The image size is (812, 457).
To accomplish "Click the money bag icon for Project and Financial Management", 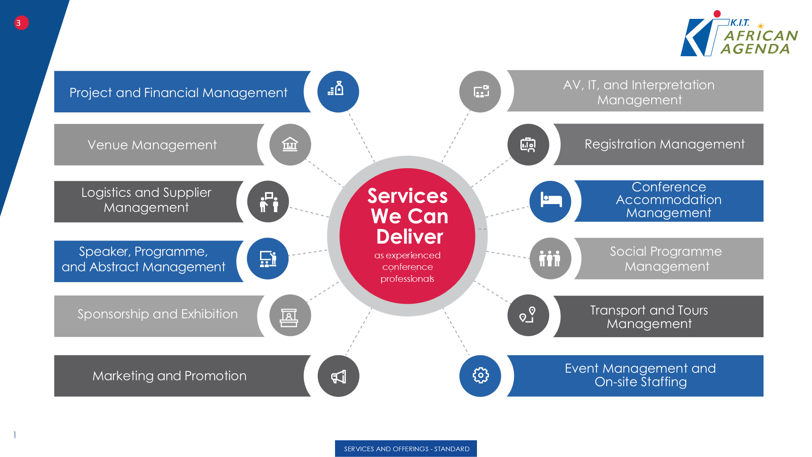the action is tap(336, 89).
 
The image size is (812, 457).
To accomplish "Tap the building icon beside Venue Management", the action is tap(290, 144).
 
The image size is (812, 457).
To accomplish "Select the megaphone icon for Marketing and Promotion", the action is tap(338, 376).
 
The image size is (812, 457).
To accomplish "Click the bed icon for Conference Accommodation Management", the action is tap(551, 200).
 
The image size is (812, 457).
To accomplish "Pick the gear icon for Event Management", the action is tap(480, 375).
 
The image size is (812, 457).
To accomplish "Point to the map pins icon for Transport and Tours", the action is tap(528, 315).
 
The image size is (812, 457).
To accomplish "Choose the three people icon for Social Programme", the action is tap(550, 258).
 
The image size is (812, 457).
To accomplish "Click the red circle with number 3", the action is tap(21, 23).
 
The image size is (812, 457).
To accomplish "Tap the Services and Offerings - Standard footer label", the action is tap(406, 449).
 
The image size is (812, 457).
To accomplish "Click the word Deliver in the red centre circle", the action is tap(410, 236).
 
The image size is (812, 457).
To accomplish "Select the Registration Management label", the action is tap(664, 144).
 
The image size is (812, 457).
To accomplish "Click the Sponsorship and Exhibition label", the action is tap(157, 314).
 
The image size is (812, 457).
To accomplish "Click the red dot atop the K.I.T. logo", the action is tap(717, 14).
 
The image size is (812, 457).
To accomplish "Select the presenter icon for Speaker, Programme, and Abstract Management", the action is tap(268, 259).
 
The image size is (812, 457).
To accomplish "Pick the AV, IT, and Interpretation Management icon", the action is tap(481, 92).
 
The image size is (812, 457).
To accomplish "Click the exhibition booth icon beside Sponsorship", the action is tap(289, 318).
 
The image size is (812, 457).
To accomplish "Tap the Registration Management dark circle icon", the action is tap(528, 145).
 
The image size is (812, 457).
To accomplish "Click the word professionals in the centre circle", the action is tap(407, 279).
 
